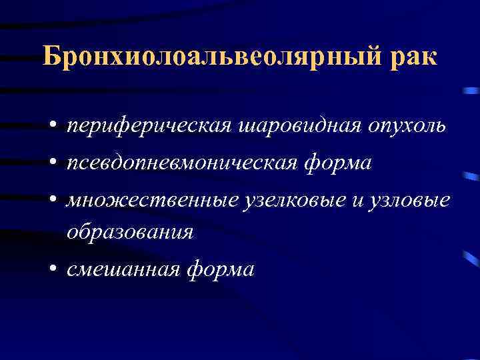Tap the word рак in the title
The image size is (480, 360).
point(417,59)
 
